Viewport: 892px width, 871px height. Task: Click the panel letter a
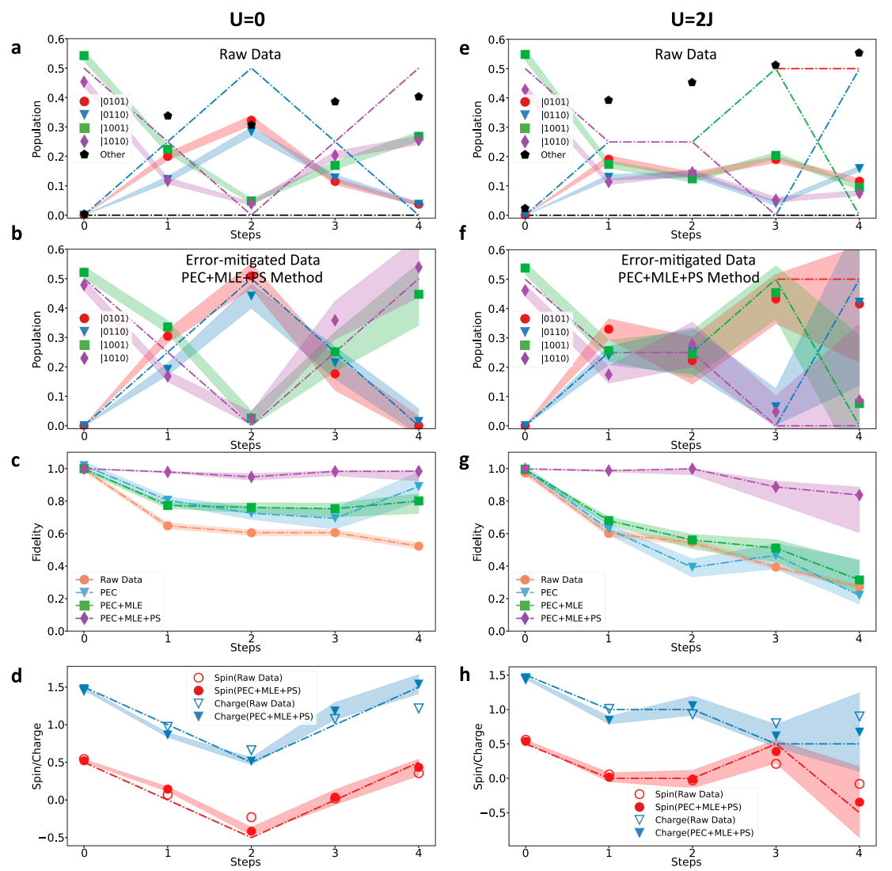tap(16, 48)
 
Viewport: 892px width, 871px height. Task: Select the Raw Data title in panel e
tap(685, 55)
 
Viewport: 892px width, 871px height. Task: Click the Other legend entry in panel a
tap(112, 154)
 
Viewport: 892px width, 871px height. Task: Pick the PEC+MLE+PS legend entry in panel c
tap(130, 618)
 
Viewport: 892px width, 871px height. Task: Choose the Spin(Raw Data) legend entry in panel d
tap(248, 678)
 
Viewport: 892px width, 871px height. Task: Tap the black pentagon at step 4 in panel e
tap(859, 53)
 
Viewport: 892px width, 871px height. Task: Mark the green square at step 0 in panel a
tap(84, 55)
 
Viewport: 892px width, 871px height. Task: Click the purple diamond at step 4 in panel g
tap(859, 495)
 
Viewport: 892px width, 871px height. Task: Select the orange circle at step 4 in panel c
tap(418, 546)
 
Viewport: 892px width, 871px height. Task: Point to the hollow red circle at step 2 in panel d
tap(251, 817)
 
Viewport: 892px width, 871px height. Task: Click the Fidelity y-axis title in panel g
tap(477, 542)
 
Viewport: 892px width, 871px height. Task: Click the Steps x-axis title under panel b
tap(245, 445)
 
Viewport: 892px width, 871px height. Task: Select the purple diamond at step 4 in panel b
tap(418, 267)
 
